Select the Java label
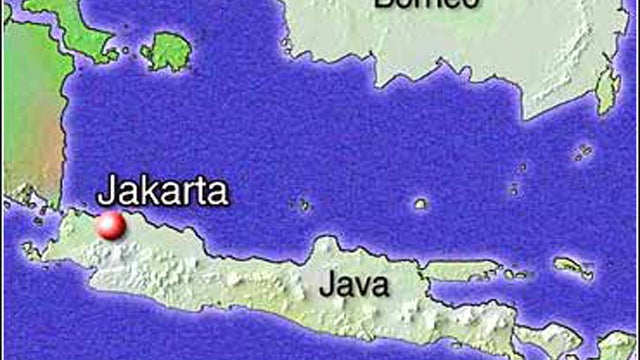click(x=354, y=286)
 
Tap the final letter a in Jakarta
click(x=218, y=192)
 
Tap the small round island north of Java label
click(x=421, y=204)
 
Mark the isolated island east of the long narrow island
click(x=571, y=267)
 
